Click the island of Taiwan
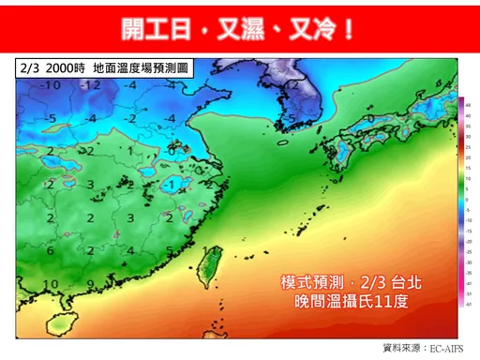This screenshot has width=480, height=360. tap(211, 265)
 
